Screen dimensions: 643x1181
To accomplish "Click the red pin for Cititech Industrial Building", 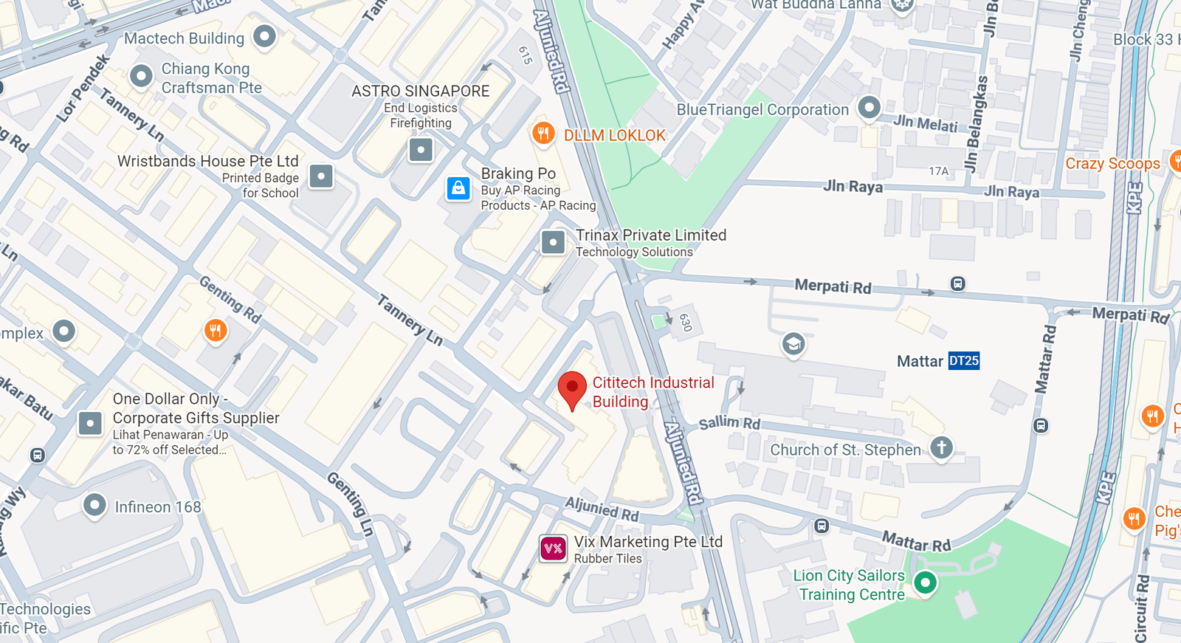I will tap(572, 388).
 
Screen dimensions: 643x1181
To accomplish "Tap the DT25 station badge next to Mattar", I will tap(963, 361).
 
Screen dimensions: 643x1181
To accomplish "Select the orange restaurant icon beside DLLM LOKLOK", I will tap(543, 134).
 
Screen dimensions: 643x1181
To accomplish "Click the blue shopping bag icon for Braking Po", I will tap(458, 188).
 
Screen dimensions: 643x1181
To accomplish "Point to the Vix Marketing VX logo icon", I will tap(553, 549).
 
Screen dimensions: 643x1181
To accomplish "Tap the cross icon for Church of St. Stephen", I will tap(941, 447).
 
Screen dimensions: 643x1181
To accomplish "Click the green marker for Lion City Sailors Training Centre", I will tap(925, 582).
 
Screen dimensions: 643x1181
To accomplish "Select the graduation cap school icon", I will tap(793, 344).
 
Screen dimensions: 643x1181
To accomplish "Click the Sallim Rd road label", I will tap(729, 423).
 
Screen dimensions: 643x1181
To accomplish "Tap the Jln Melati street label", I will tap(925, 123).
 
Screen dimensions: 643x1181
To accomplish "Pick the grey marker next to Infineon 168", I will tap(94, 506).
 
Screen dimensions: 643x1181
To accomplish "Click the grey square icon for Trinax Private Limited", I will tap(553, 242).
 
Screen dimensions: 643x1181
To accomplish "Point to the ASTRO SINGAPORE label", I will tap(420, 91).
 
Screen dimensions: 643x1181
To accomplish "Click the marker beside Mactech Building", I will tap(264, 36).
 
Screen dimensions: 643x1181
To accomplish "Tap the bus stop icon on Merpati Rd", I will tap(957, 283).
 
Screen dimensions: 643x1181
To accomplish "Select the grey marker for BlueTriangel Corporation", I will tap(869, 108).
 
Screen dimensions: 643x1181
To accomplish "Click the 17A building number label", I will tap(938, 171).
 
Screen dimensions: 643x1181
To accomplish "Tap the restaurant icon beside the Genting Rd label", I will tap(216, 330).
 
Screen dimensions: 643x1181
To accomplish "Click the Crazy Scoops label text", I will tap(1112, 164).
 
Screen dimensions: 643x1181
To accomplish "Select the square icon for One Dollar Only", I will tap(91, 424).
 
